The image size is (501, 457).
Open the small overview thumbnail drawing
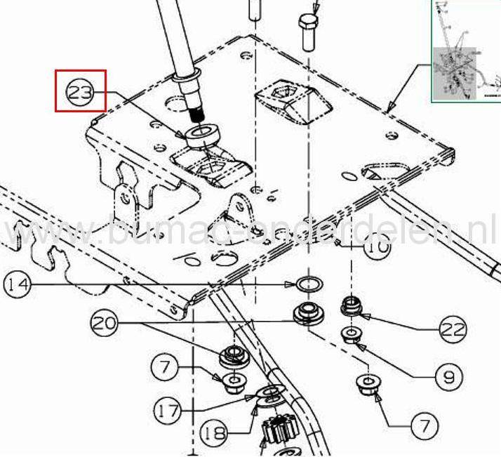pyautogui.click(x=465, y=51)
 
